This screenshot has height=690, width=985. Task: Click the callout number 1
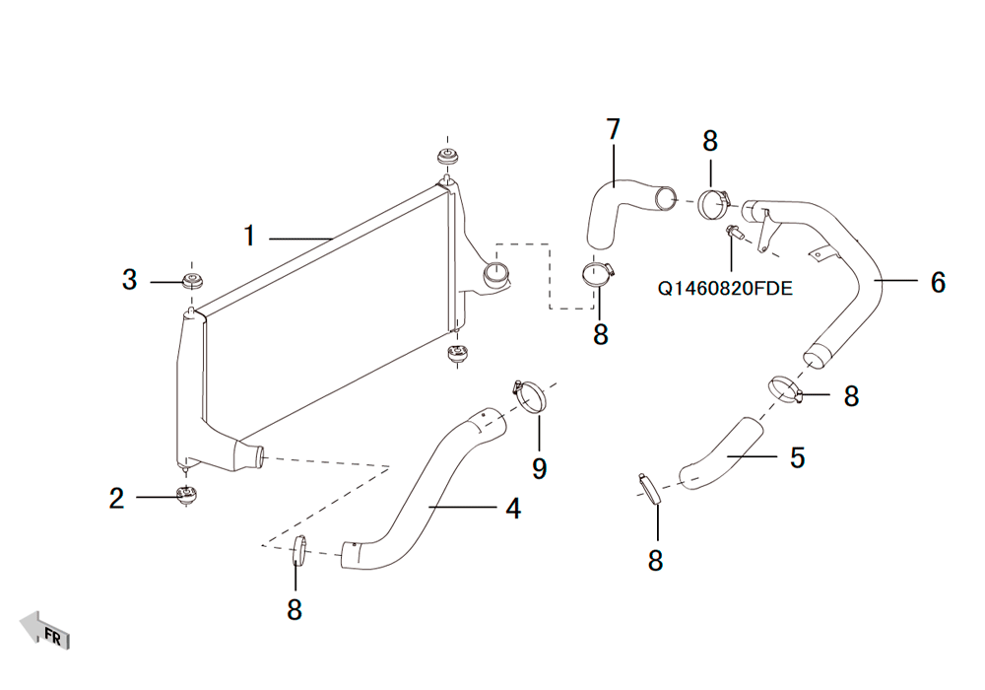click(x=249, y=236)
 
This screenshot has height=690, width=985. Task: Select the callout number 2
click(x=117, y=499)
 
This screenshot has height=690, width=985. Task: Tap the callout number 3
click(x=129, y=280)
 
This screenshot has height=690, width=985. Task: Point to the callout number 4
click(x=513, y=509)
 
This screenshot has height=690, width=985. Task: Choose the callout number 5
click(x=797, y=457)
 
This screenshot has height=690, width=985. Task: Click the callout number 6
click(x=938, y=282)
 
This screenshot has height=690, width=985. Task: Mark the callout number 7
click(x=613, y=129)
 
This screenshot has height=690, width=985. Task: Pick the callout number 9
click(x=539, y=469)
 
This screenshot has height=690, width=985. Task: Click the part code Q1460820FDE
click(x=725, y=289)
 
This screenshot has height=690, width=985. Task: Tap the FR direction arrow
click(x=45, y=630)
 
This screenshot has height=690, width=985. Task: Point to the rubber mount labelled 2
click(x=186, y=495)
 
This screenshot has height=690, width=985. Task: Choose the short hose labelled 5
click(x=722, y=453)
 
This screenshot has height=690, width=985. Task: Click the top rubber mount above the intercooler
click(x=446, y=157)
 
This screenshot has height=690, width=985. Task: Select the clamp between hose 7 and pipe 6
click(x=714, y=204)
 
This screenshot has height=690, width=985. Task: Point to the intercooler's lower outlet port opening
click(x=259, y=455)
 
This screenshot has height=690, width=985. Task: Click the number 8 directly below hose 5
click(x=655, y=560)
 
